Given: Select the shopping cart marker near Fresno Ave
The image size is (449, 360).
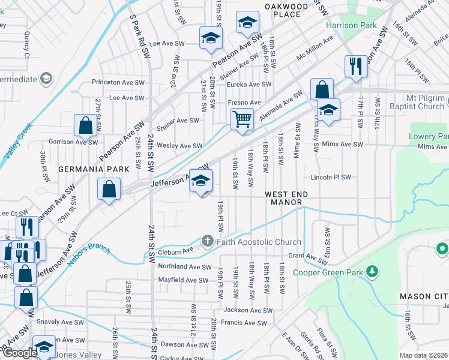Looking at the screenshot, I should (x=242, y=119).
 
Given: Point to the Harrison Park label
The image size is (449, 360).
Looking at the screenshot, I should (x=351, y=26).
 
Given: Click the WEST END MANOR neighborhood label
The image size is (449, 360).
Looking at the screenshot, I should (x=287, y=199).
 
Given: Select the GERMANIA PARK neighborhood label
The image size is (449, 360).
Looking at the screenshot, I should (x=94, y=170).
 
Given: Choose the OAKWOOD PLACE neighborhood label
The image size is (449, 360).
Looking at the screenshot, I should (x=286, y=10).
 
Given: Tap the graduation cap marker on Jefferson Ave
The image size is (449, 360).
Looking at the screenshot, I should (x=200, y=181).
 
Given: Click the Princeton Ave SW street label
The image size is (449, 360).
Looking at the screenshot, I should (x=118, y=82).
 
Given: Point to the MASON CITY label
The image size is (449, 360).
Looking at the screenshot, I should (x=424, y=296).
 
